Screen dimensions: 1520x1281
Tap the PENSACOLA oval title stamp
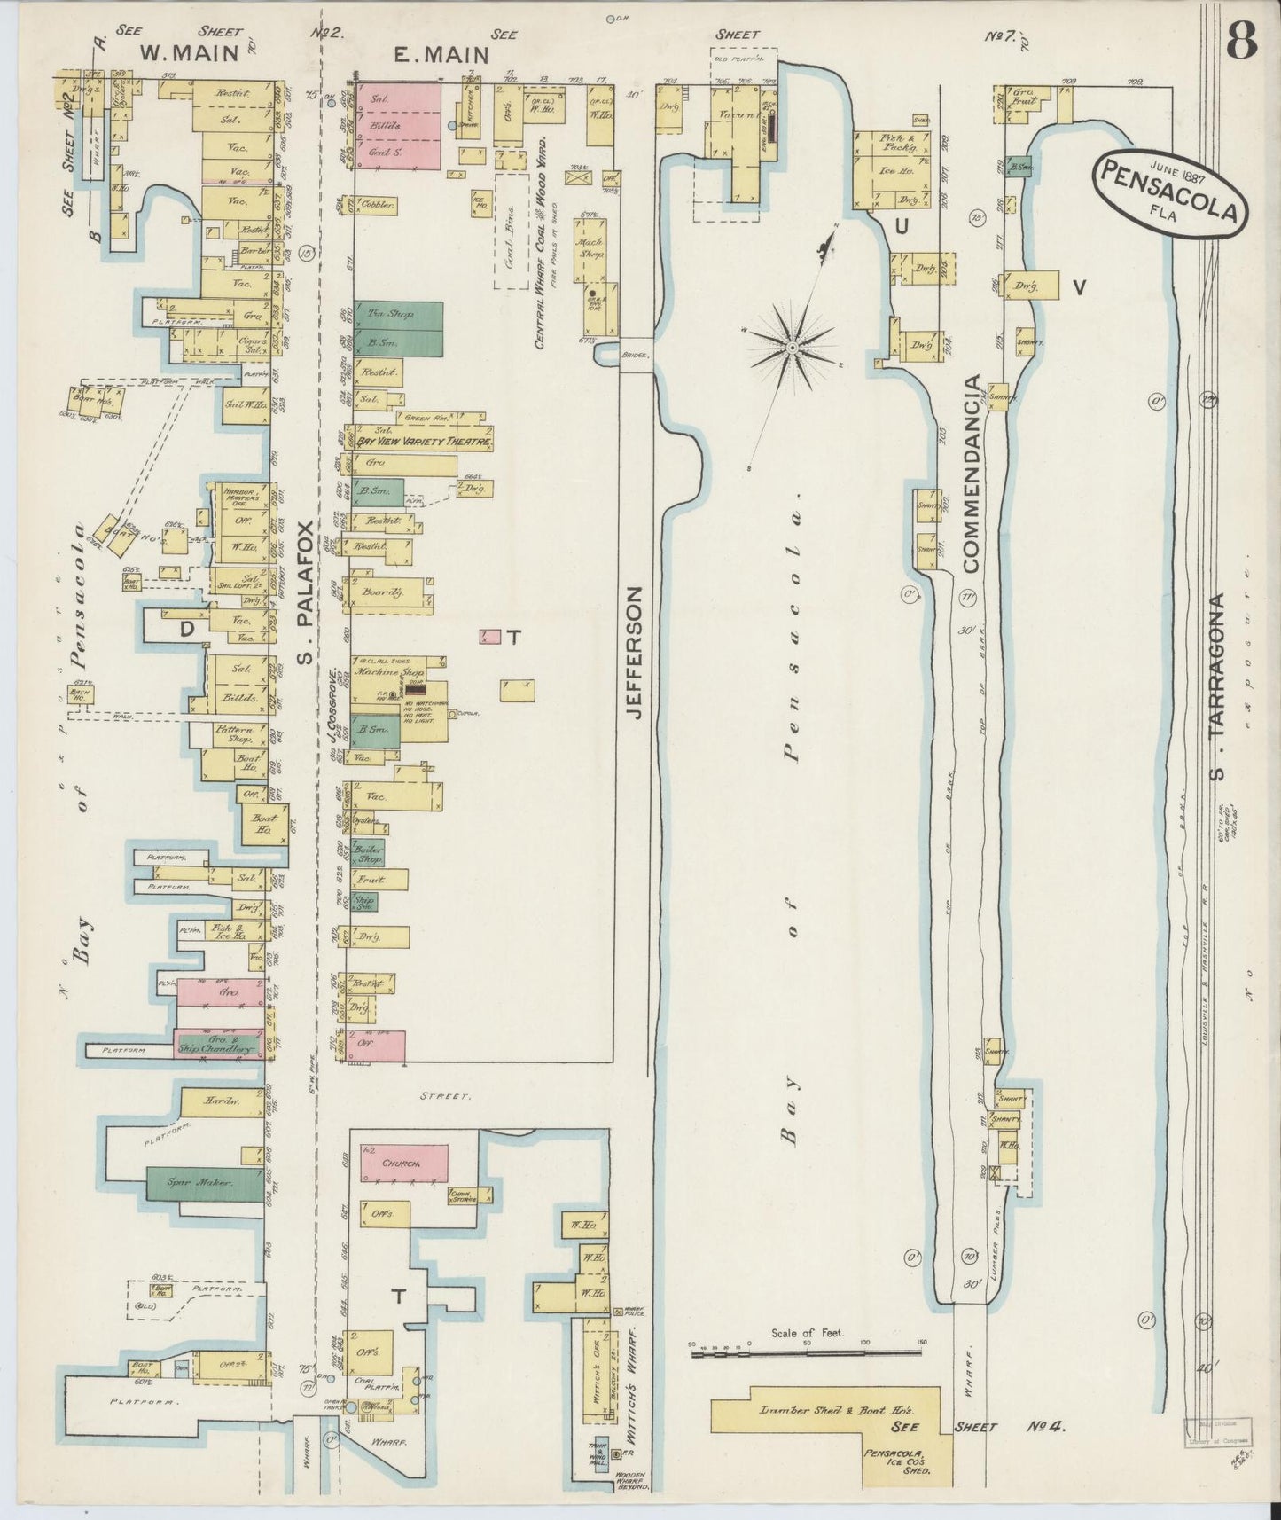(1170, 193)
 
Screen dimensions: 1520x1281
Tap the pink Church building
(403, 1163)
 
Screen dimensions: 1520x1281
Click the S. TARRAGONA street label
(1219, 687)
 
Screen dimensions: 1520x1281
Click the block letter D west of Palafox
(187, 629)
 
